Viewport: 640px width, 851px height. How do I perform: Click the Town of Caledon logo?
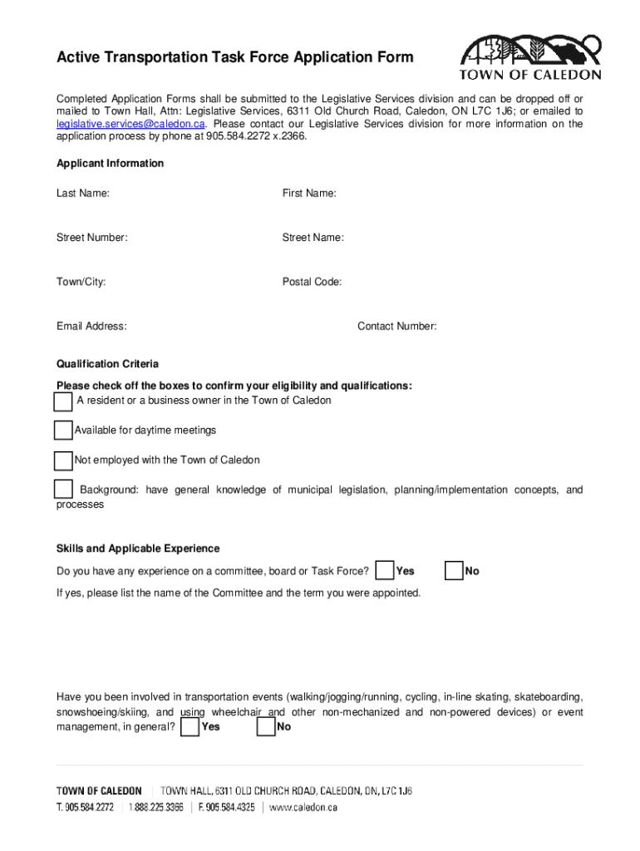(x=530, y=57)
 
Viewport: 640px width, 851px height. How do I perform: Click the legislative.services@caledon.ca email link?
(x=130, y=124)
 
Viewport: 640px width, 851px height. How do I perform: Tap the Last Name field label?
(x=83, y=194)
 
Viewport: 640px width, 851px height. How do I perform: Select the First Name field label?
(x=309, y=194)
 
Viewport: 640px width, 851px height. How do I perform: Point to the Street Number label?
(x=92, y=238)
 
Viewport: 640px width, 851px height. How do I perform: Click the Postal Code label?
(x=312, y=282)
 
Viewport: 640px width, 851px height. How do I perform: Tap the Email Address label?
(x=91, y=327)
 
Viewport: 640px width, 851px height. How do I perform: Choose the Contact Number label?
(x=397, y=327)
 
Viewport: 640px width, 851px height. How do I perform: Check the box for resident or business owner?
(x=63, y=401)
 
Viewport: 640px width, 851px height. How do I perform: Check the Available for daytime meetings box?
(x=63, y=430)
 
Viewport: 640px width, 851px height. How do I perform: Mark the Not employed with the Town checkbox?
(x=63, y=460)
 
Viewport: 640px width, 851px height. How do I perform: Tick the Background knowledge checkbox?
(x=63, y=489)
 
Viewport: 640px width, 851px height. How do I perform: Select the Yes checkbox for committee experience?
(x=385, y=571)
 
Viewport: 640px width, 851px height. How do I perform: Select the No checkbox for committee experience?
(x=454, y=571)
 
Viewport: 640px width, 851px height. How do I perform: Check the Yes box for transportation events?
(x=190, y=727)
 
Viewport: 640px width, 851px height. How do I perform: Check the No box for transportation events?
(x=266, y=727)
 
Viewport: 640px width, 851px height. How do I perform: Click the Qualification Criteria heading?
(x=107, y=364)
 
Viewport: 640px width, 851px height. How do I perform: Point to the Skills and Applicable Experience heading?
(x=138, y=548)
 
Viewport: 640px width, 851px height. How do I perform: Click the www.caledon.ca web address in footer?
(x=303, y=807)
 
